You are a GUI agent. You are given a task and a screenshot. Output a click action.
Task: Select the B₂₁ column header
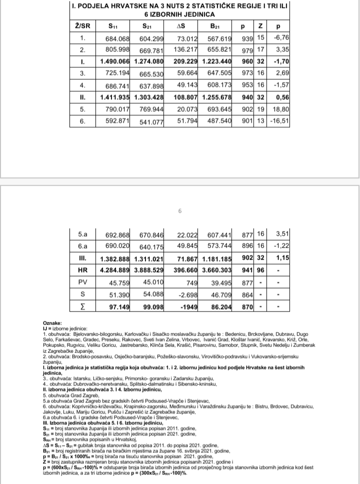216,25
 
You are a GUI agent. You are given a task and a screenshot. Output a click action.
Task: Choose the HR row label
83,271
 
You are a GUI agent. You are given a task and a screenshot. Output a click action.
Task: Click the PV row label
83,282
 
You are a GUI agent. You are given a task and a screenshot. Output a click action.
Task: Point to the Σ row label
83,306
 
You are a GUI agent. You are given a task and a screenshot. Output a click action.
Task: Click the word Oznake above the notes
52,324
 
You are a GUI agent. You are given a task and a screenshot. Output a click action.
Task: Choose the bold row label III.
83,259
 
